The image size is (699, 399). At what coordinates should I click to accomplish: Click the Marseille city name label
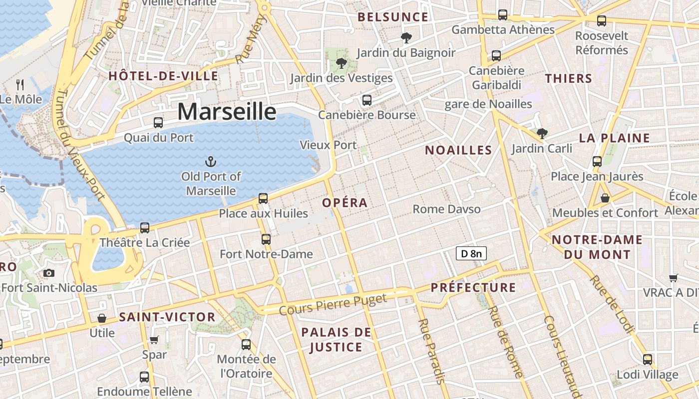coord(227,112)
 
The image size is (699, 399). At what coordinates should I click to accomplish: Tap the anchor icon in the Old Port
coord(211,161)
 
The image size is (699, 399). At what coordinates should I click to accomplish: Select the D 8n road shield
coord(471,253)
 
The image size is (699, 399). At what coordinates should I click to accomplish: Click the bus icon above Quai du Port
coord(158,122)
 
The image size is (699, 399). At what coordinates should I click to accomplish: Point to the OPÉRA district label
coord(345,203)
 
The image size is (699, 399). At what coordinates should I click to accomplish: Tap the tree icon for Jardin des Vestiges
coord(341,63)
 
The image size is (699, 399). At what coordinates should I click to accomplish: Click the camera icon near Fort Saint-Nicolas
coord(48,273)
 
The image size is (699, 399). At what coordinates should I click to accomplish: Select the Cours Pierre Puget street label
coord(333,305)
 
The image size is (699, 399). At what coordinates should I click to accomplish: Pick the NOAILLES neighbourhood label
coord(458,150)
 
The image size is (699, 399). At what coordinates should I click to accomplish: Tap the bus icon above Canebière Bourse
coord(367,100)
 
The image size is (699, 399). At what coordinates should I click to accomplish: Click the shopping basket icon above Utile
coord(102,318)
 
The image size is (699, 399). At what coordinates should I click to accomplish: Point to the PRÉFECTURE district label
coord(473,287)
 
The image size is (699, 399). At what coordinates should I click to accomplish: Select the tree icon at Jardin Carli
coord(542,133)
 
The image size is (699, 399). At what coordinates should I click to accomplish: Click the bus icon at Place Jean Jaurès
coord(597,162)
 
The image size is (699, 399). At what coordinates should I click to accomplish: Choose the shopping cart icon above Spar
coord(154,340)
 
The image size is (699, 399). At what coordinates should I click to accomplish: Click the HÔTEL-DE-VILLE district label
coord(163,76)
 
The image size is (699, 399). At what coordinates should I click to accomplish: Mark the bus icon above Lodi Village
coord(648,359)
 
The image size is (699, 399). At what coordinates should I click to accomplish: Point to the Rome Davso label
coord(446,209)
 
